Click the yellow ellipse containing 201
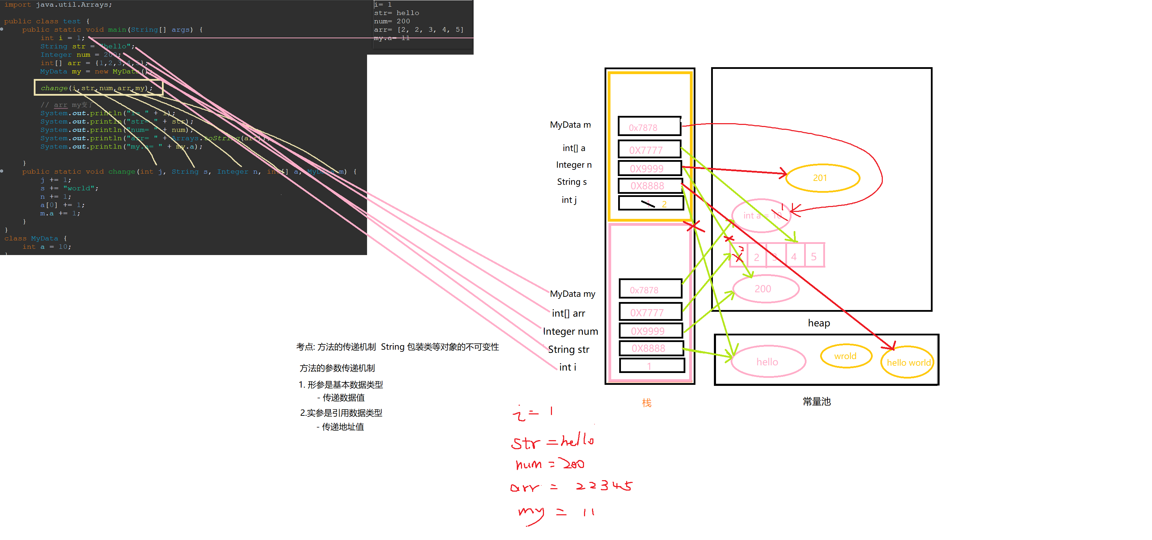click(x=822, y=178)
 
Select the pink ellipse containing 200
click(x=765, y=289)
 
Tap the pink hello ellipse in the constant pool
click(x=768, y=362)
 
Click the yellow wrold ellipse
click(x=846, y=356)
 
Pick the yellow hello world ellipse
click(x=908, y=362)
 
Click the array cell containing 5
click(x=814, y=256)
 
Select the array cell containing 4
click(x=794, y=256)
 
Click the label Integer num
click(x=570, y=332)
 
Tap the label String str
click(x=568, y=349)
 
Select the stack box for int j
click(x=651, y=203)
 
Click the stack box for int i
click(x=652, y=366)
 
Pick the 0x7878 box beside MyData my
click(x=650, y=290)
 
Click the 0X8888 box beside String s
click(x=650, y=186)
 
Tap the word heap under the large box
click(x=818, y=323)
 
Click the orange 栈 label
click(x=647, y=403)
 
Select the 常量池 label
click(x=817, y=402)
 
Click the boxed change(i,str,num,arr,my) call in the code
click(x=99, y=88)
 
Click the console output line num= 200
click(x=392, y=21)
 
